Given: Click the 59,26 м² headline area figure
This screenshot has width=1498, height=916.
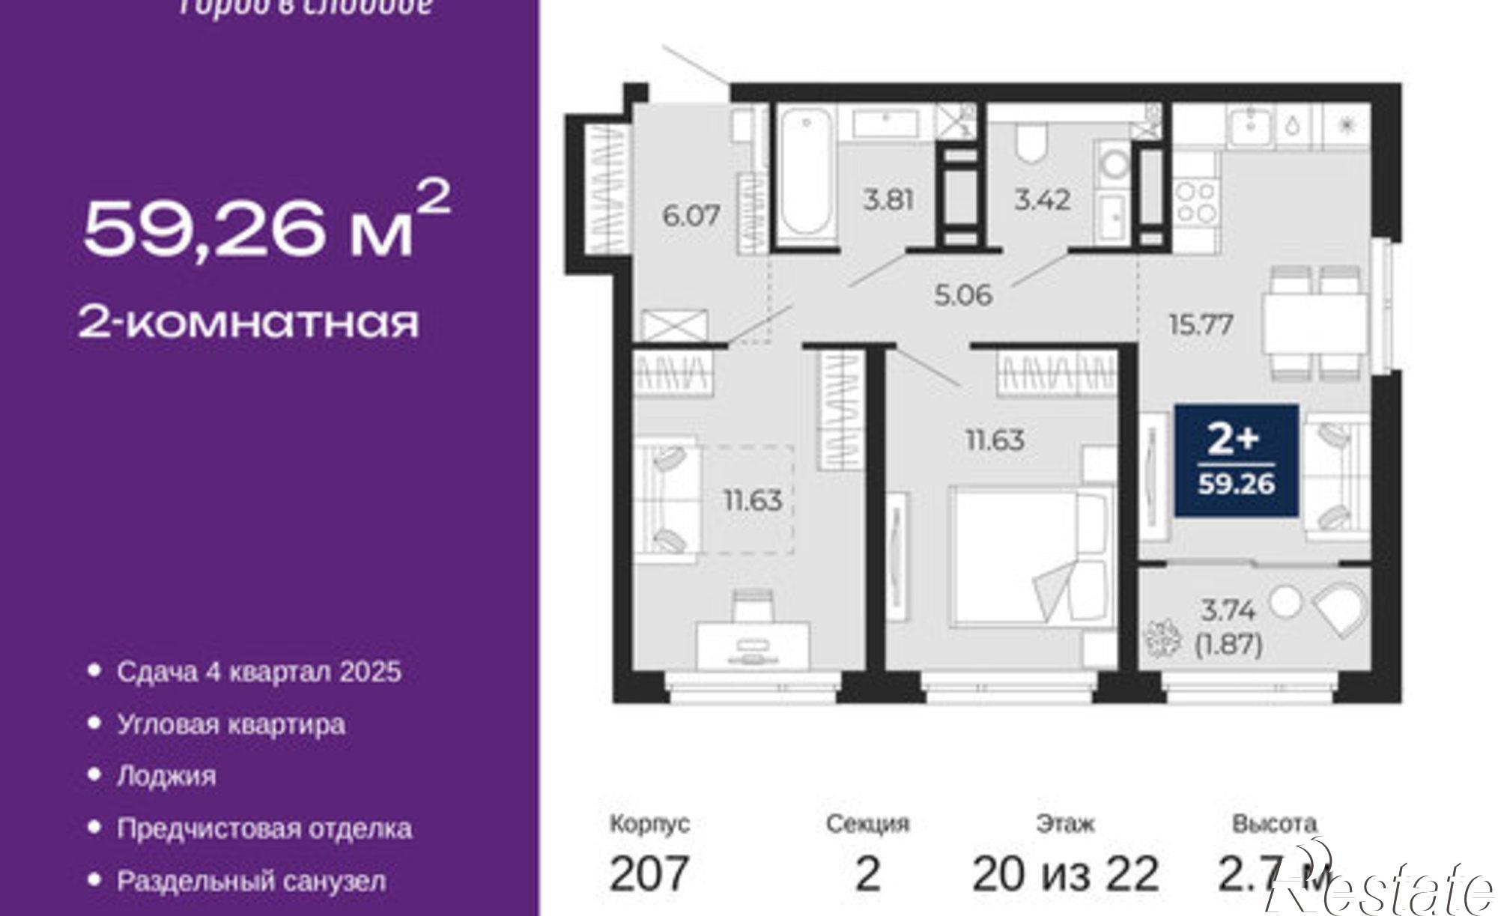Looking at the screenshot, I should tap(266, 225).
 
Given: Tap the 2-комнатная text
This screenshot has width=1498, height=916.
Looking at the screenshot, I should tap(249, 322).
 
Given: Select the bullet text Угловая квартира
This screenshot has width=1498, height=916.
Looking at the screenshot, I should tap(231, 724).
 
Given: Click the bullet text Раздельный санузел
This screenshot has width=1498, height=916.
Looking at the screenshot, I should tap(251, 881).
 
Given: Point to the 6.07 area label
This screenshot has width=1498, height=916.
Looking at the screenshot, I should tap(691, 216).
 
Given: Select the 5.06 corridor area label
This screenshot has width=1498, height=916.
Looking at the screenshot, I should tap(963, 294).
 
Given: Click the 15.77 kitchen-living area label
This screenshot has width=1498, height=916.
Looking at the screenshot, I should tap(1201, 325).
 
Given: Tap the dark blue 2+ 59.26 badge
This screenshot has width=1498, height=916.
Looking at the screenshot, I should tap(1236, 461).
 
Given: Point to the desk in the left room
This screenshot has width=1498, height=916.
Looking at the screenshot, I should tap(753, 644).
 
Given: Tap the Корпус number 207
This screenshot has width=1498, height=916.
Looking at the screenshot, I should tap(649, 873).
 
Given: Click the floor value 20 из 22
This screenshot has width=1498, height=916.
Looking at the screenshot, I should tap(1065, 873).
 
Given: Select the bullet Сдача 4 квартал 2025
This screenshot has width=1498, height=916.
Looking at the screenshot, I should tap(258, 671).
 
